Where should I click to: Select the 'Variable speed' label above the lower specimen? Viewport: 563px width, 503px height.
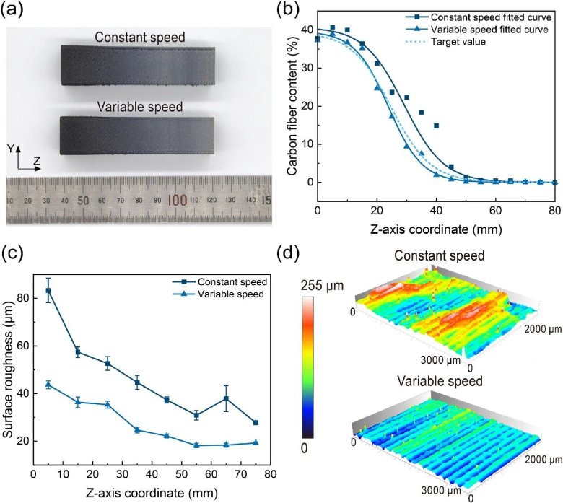click(x=139, y=108)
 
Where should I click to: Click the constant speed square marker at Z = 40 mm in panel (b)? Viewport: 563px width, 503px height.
click(x=436, y=126)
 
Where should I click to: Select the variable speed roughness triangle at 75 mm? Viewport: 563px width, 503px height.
click(x=256, y=442)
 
